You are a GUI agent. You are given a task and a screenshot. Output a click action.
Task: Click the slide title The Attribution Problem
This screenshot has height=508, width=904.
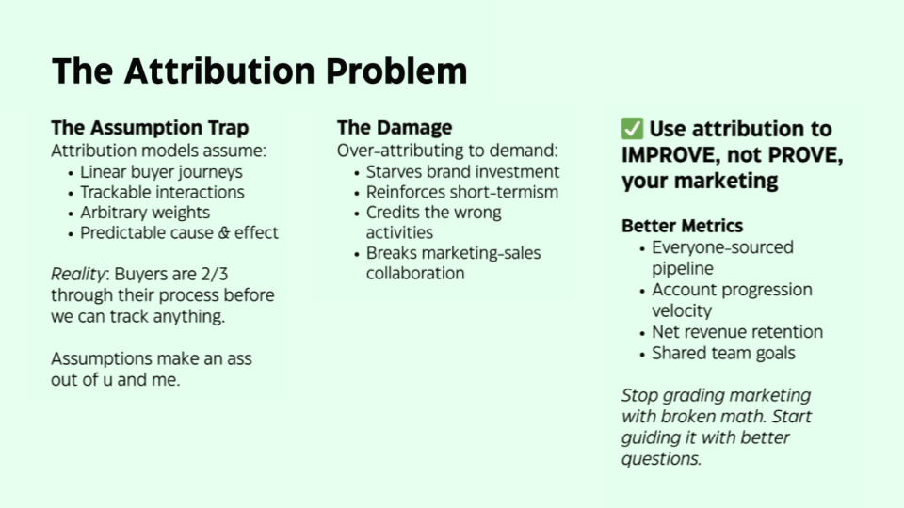[x=259, y=72]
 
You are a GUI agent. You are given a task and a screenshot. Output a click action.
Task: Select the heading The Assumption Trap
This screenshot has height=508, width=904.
[x=150, y=128]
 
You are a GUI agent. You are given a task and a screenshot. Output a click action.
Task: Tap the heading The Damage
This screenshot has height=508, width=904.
[x=395, y=128]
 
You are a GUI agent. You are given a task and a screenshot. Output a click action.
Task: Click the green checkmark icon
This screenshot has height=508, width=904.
[x=632, y=129]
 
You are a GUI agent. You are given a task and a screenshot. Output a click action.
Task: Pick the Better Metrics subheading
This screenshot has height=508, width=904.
[x=682, y=226]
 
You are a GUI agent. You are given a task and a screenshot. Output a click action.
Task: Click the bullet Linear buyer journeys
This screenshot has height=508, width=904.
[x=161, y=172]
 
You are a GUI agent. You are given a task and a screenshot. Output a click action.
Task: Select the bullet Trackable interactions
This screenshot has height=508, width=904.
[x=162, y=192]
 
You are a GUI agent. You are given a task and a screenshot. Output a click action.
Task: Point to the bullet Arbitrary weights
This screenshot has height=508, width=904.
[x=145, y=213]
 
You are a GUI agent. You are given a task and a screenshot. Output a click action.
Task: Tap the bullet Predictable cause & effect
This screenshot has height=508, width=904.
[x=179, y=232]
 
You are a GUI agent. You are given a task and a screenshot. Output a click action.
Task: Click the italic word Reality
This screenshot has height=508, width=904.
[x=79, y=275]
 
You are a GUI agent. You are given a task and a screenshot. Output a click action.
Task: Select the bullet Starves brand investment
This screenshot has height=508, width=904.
[x=462, y=172]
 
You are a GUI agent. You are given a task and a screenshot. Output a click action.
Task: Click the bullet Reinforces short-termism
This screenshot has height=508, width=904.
[x=462, y=192]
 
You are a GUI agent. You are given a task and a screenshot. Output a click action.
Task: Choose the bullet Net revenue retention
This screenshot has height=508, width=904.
[x=737, y=332]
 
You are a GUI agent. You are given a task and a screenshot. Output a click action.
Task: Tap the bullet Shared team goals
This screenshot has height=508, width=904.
[x=723, y=354]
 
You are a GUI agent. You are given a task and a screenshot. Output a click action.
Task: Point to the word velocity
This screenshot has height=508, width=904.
[x=682, y=310]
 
